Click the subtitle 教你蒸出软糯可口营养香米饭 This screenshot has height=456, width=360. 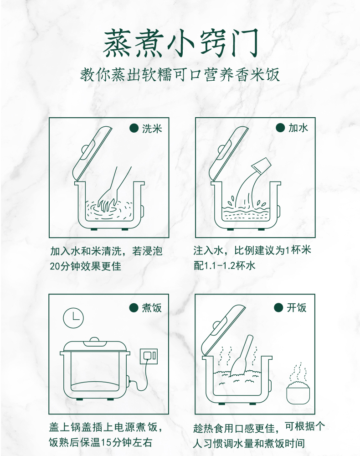180,75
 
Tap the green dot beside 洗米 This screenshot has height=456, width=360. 134,128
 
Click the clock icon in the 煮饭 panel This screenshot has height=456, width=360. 73,318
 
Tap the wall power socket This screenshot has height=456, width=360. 149,356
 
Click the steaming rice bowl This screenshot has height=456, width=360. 298,387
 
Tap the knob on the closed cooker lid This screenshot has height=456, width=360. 94,340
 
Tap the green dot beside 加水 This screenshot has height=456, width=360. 280,127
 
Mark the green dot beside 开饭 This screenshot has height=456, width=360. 278,307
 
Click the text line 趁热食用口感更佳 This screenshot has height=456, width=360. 234,428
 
